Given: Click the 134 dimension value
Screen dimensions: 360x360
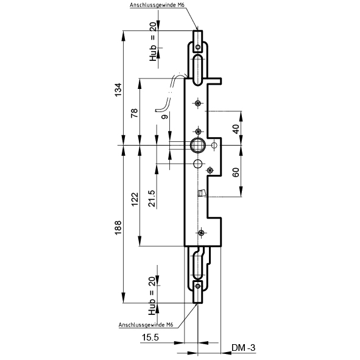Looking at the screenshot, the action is point(118,90).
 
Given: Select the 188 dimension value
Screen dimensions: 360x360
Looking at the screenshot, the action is point(118,228).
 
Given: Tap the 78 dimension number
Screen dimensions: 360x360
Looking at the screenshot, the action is point(134,113).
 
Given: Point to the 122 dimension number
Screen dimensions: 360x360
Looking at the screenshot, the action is point(135,199).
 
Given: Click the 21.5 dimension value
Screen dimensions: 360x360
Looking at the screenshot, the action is point(152,199).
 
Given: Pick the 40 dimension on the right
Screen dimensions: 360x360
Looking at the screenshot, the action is point(236,129).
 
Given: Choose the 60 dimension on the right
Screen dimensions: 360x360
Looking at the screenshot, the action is point(236,172).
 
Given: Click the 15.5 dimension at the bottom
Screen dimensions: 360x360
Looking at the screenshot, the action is point(150,337).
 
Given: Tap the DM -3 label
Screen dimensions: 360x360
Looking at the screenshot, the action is point(244,348).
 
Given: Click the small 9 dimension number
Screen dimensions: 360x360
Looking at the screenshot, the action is point(164,116).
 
